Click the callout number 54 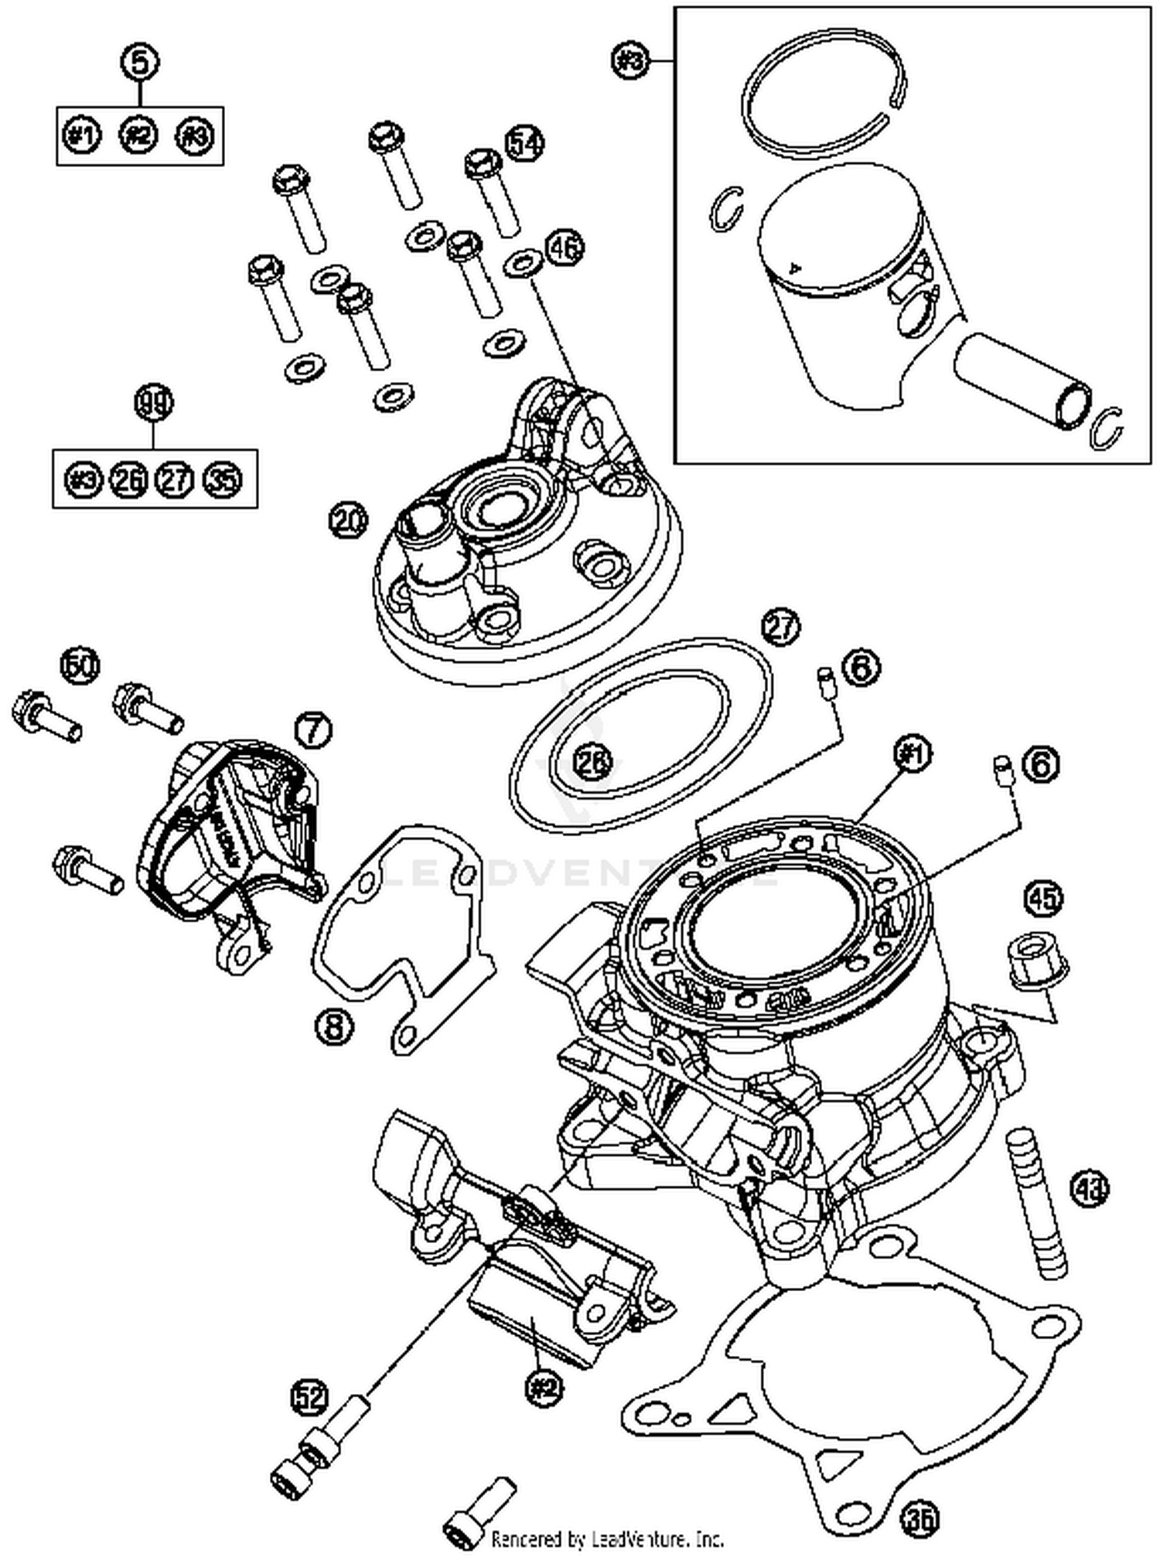(525, 143)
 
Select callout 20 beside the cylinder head (348, 521)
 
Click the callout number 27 (780, 627)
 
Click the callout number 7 (312, 730)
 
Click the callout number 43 (1089, 1188)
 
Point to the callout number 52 (309, 1396)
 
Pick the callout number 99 (154, 403)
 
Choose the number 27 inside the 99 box (176, 480)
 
